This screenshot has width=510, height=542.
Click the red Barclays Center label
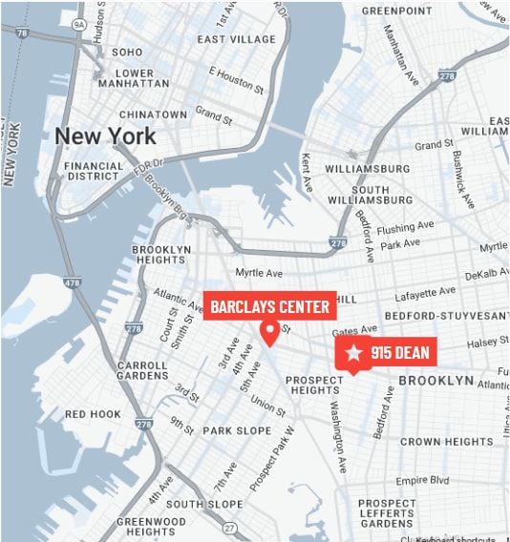pos(269,306)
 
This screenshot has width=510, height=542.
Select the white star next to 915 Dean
pos(354,353)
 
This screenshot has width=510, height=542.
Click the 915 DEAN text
pos(399,354)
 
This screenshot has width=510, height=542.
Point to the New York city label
pos(105,136)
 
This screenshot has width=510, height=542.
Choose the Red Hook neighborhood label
pos(93,414)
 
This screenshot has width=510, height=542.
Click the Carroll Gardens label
pos(142,371)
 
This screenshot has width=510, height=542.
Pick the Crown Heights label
pos(446,442)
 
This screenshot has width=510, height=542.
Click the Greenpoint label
pos(397,10)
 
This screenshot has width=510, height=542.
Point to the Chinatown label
pos(154,115)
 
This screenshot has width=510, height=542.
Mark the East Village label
pos(237,39)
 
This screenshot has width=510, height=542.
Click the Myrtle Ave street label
pos(259,273)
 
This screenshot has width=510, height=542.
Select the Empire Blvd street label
pos(422,480)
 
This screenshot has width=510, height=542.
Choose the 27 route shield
pos(229,528)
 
